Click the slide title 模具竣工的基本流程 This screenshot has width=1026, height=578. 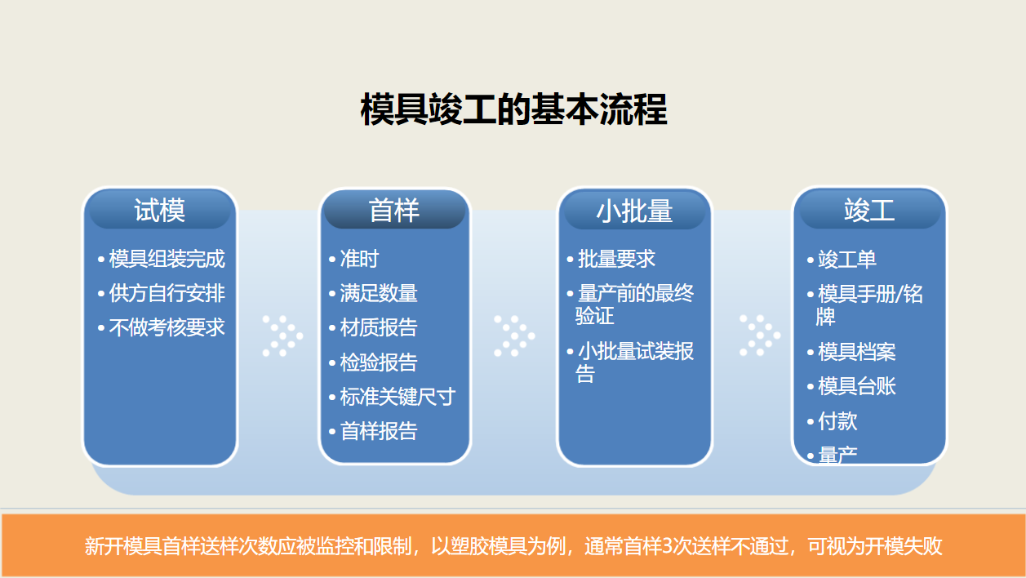[x=513, y=110]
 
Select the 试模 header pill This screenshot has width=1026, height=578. [x=160, y=211]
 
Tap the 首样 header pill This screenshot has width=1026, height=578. [x=394, y=211]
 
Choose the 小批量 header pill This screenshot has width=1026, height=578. [x=634, y=211]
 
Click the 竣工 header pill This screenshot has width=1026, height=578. [x=869, y=211]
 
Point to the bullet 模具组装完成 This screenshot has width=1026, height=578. [x=167, y=260]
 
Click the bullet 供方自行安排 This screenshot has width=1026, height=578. [x=167, y=294]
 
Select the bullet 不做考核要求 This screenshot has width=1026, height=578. [x=167, y=328]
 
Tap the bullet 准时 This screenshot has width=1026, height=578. [x=359, y=260]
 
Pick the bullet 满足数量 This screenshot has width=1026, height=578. [x=379, y=294]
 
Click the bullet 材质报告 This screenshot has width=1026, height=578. [x=379, y=328]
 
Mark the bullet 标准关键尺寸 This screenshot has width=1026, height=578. [x=398, y=397]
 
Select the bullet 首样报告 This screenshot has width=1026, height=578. [x=379, y=431]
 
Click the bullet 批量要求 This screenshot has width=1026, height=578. [x=616, y=260]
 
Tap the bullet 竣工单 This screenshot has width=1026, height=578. [x=847, y=260]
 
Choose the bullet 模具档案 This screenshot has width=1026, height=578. [x=857, y=352]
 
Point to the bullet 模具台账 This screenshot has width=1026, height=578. [x=857, y=386]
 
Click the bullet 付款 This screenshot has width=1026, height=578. [x=837, y=421]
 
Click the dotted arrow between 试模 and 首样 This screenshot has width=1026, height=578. [x=282, y=336]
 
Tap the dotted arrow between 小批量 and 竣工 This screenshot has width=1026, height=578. [x=760, y=336]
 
